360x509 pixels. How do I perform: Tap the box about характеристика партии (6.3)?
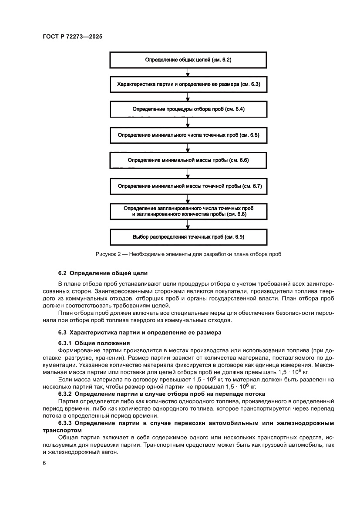188,84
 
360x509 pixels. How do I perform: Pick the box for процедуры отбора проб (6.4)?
188,110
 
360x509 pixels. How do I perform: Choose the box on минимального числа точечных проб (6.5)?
188,135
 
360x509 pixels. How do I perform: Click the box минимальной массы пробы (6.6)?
188,161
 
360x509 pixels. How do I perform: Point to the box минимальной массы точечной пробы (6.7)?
188,186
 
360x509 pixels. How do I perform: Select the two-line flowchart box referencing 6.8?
188,212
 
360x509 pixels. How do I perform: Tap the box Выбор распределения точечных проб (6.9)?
188,237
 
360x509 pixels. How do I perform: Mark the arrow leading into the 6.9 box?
188,225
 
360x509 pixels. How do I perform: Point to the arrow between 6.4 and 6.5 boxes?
188,122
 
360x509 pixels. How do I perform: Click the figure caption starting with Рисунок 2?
188,254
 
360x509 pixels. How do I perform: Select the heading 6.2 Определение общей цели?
103,273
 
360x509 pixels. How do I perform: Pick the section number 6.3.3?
66,423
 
